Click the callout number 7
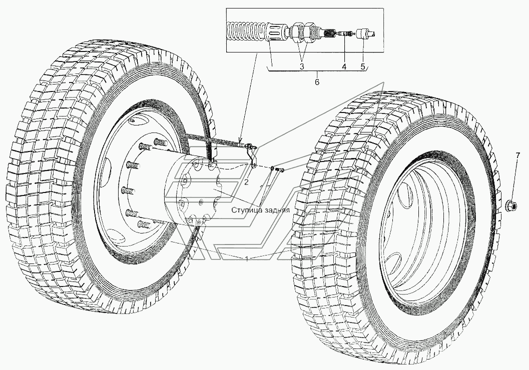[x=518, y=157]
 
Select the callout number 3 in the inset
[x=302, y=66]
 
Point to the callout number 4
[x=344, y=66]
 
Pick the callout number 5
[x=363, y=66]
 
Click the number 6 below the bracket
[x=317, y=82]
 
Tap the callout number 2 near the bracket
[x=246, y=182]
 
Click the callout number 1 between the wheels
[x=247, y=258]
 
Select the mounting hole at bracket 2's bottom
[x=254, y=165]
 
